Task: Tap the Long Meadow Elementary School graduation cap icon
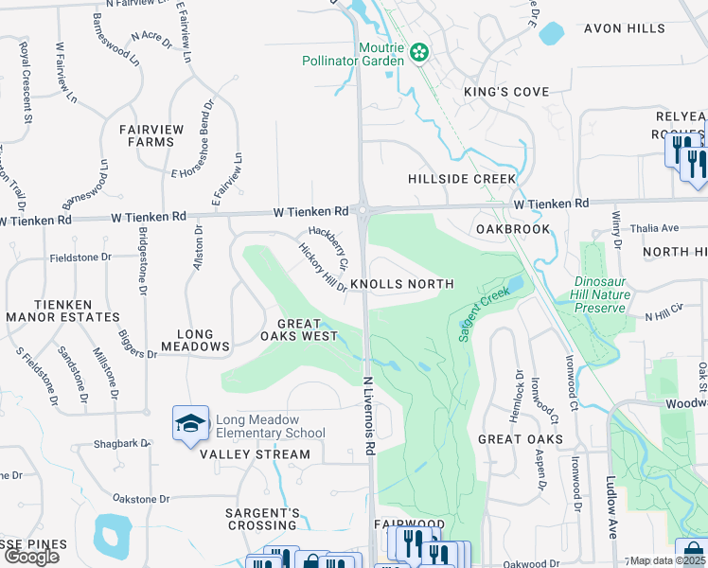pos(190,421)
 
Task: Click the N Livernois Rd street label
pos(370,413)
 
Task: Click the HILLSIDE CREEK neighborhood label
pos(462,179)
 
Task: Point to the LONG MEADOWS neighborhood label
pos(203,341)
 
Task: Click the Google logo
pos(31,557)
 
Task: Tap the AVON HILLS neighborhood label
pos(624,28)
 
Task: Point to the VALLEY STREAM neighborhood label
pos(255,454)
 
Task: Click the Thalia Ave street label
pos(657,228)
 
